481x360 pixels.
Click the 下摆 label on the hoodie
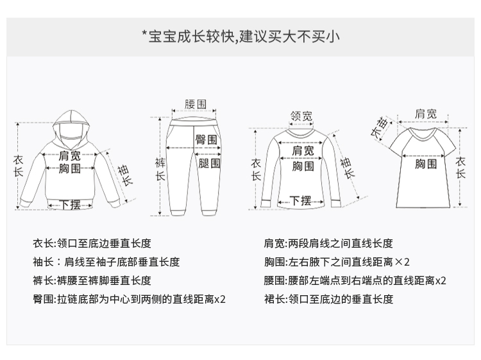[71, 205]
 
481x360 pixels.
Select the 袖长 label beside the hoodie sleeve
[126, 175]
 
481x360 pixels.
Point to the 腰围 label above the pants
[196, 104]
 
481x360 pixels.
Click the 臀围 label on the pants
[206, 140]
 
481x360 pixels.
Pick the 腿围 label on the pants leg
[210, 163]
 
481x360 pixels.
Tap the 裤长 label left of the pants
[160, 169]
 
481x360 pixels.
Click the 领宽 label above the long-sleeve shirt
[301, 116]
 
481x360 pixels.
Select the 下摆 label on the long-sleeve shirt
[301, 201]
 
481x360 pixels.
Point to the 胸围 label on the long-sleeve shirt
[303, 166]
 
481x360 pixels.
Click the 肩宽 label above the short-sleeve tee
[425, 114]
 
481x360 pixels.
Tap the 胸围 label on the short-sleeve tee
[426, 164]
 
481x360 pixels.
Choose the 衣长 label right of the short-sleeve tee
[460, 167]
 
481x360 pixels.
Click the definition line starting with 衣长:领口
[92, 243]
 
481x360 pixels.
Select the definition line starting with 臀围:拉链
[129, 299]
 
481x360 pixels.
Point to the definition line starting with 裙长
[328, 299]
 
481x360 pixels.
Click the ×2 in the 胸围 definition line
[402, 262]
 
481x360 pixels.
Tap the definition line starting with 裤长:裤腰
[92, 280]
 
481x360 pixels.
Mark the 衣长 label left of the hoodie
[18, 166]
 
